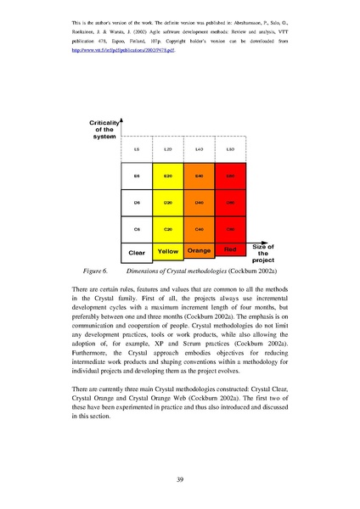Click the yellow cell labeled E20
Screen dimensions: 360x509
coord(168,176)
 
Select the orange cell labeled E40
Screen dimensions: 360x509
coord(200,176)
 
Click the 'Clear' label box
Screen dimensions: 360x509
coord(138,252)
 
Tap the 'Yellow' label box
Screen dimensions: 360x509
coord(168,251)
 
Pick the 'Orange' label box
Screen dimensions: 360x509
coord(200,251)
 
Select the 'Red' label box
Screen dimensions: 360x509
coord(230,249)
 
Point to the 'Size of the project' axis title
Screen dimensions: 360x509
coord(262,253)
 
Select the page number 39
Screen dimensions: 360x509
coord(180,477)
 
